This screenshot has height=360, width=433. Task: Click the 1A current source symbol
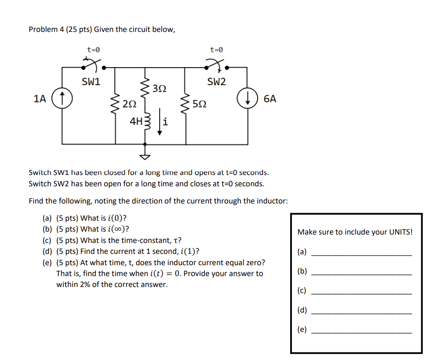point(62,99)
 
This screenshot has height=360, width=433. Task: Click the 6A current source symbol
point(246,99)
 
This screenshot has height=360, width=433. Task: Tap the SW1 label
point(91,82)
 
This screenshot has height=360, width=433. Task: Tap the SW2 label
point(216,82)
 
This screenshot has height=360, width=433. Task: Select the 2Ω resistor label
point(130,104)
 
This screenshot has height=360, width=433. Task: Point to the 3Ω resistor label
point(159,89)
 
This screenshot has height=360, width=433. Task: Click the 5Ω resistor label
point(199,104)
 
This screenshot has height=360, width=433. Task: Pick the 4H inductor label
point(136,122)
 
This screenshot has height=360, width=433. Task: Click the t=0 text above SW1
point(94,50)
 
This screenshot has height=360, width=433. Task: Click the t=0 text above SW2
point(216,50)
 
